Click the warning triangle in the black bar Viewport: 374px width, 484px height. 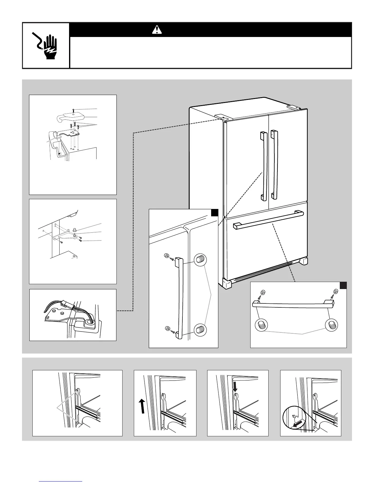157,30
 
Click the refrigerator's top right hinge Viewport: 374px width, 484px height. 294,108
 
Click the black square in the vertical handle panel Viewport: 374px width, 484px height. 215,212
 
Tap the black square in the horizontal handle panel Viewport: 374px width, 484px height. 343,285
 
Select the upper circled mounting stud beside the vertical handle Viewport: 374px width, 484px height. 200,260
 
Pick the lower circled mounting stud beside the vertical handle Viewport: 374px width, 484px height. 200,329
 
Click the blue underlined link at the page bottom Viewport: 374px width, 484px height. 61,481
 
